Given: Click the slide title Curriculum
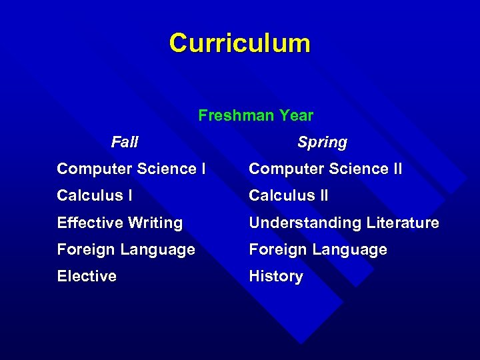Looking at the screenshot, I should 239,43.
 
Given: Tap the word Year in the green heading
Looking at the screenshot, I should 296,115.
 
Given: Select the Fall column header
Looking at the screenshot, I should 125,142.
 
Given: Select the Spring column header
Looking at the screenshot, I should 322,143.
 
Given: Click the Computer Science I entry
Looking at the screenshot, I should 131,169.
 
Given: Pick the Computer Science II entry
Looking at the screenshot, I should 325,169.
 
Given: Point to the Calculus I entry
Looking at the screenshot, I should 94,195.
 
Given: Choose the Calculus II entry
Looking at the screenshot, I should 288,195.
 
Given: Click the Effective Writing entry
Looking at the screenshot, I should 119,223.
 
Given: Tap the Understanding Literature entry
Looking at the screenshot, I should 343,223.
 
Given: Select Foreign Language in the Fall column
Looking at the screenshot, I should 125,250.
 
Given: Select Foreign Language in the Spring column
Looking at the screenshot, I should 317,250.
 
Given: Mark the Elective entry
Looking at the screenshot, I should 87,276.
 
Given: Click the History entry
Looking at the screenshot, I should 275,276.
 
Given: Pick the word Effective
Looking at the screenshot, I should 87,223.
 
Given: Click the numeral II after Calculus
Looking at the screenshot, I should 322,195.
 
